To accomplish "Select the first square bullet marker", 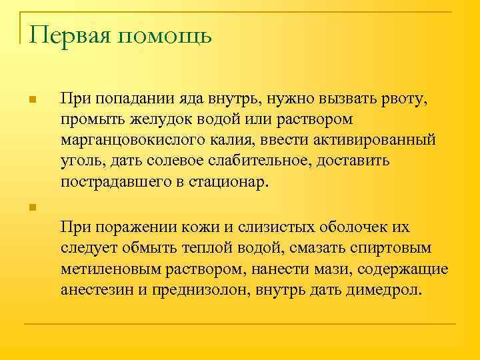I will coord(31,101).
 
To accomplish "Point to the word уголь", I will coord(79,161).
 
